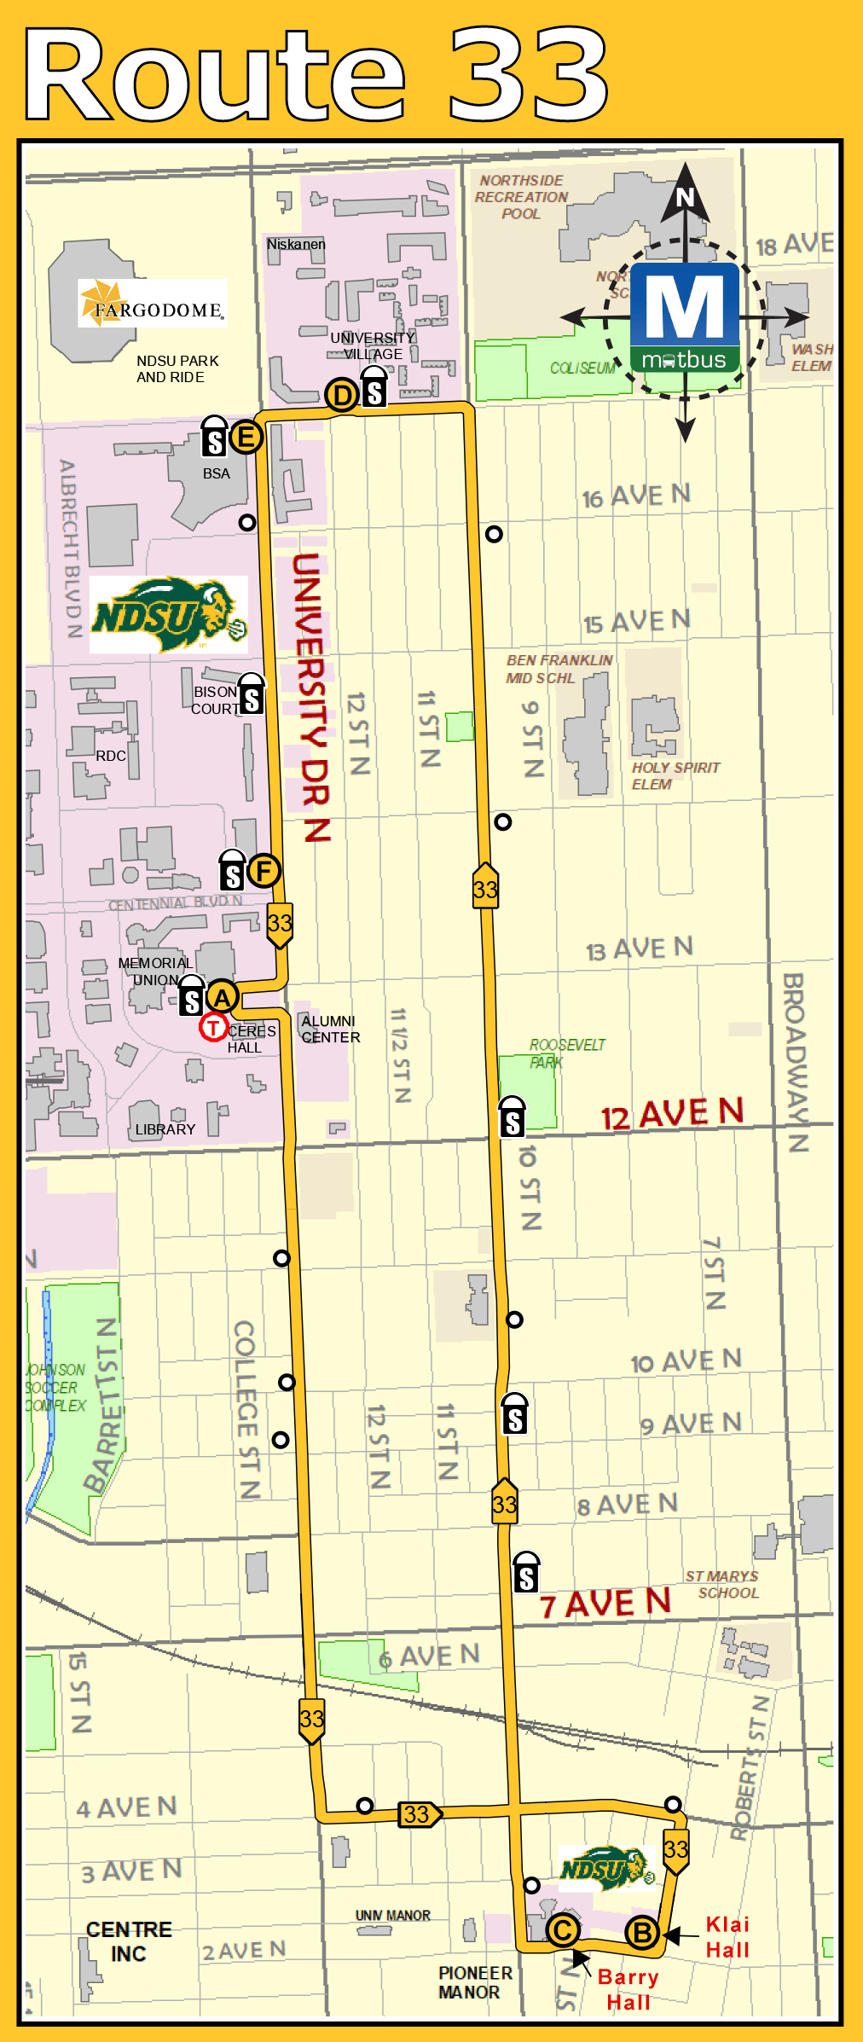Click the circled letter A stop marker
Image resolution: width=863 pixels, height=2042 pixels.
tap(222, 996)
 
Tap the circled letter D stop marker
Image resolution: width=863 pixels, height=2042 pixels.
tap(341, 395)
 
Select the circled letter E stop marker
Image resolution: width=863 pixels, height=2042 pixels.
tap(246, 438)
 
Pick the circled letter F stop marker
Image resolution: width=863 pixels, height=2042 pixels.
tap(264, 871)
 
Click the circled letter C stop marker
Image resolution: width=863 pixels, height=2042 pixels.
tap(562, 1929)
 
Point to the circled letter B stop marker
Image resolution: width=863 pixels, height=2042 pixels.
tap(643, 1933)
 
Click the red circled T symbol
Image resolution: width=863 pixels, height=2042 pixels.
tap(213, 1027)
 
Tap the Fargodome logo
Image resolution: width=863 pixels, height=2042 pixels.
tap(153, 304)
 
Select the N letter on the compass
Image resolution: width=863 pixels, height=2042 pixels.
tap(686, 198)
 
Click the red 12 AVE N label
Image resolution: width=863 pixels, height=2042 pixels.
tap(672, 1114)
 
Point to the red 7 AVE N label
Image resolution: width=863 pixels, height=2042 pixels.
tap(605, 1604)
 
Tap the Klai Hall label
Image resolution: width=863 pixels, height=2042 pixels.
tap(727, 1936)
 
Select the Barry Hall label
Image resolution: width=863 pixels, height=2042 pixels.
tap(628, 1989)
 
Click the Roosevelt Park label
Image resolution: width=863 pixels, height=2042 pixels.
tap(566, 1053)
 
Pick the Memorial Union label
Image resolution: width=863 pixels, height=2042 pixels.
tap(155, 971)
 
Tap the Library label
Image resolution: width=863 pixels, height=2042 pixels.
tap(165, 1128)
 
